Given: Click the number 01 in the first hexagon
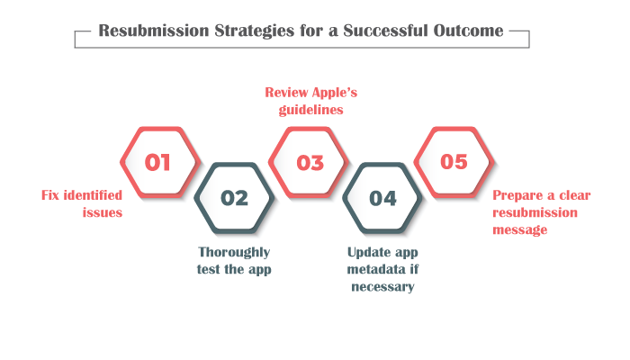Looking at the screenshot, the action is coord(157,162).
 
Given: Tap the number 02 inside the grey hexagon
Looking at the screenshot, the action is coord(234,198).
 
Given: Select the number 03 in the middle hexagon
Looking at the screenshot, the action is coord(310,163).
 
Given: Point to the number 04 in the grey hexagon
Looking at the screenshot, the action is coord(382,199).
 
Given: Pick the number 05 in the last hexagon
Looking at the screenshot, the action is coord(454,162).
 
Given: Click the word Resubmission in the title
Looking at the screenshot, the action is coord(154,31).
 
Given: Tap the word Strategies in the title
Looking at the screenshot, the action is coord(255,31).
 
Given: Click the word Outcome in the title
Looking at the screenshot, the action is coord(468,31).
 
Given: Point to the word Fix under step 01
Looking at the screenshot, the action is coord(50,195).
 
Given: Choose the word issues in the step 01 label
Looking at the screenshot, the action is coord(103,212).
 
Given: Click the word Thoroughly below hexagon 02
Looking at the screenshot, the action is coord(234,252).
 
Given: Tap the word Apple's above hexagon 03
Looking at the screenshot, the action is coord(334,93).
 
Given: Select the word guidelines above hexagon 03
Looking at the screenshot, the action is coord(311,110).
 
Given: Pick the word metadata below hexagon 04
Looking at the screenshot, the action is coord(375,269).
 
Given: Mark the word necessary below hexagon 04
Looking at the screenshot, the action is coord(382,287).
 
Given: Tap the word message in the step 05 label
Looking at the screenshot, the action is coord(520,229).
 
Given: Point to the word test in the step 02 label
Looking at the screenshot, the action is coord(209,269).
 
